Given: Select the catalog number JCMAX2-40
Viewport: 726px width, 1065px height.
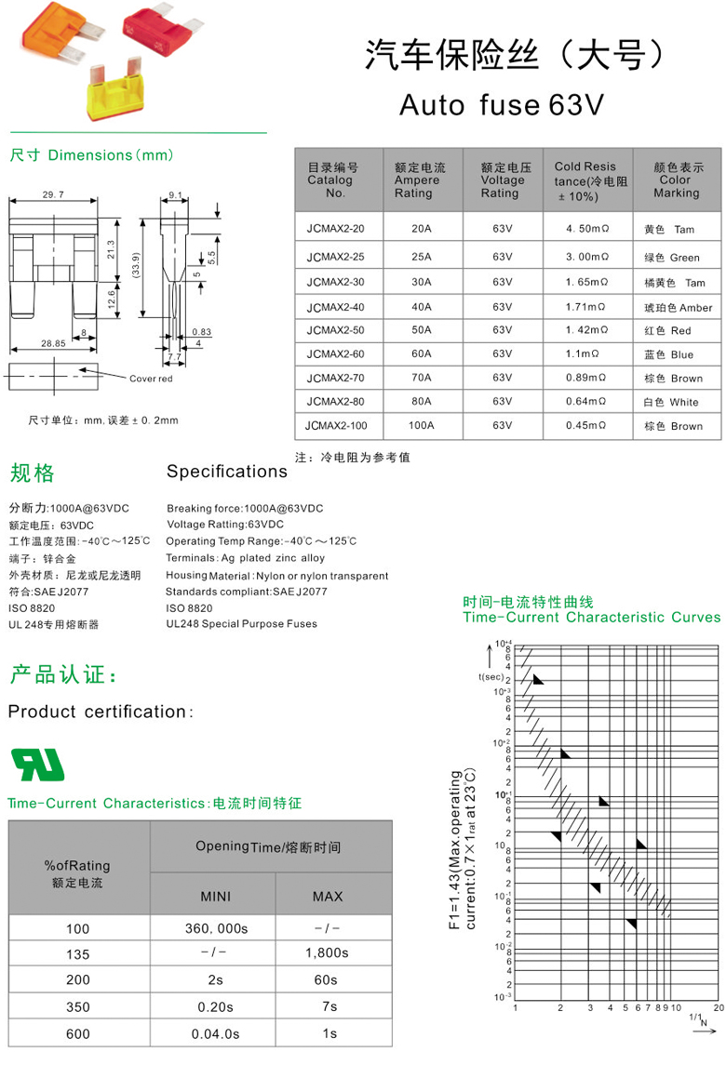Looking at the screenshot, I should pyautogui.click(x=335, y=307).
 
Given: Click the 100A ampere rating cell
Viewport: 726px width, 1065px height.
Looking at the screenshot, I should pyautogui.click(x=421, y=426).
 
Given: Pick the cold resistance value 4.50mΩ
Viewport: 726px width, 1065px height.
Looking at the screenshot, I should pyautogui.click(x=586, y=229).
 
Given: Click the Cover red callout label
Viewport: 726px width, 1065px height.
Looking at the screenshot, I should pyautogui.click(x=151, y=379).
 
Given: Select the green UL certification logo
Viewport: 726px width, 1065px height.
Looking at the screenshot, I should pyautogui.click(x=37, y=765).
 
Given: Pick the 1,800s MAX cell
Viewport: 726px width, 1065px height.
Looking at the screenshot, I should pyautogui.click(x=327, y=953).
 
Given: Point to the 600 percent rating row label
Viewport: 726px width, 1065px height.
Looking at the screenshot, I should pyautogui.click(x=78, y=1032).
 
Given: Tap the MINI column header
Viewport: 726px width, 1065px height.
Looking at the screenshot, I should pyautogui.click(x=215, y=897).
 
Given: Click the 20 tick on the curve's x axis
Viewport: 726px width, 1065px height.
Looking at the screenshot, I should pyautogui.click(x=718, y=1007).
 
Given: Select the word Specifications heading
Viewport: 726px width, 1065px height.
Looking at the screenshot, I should pyautogui.click(x=227, y=472).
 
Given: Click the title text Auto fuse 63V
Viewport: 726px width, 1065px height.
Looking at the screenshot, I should pyautogui.click(x=502, y=105).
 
